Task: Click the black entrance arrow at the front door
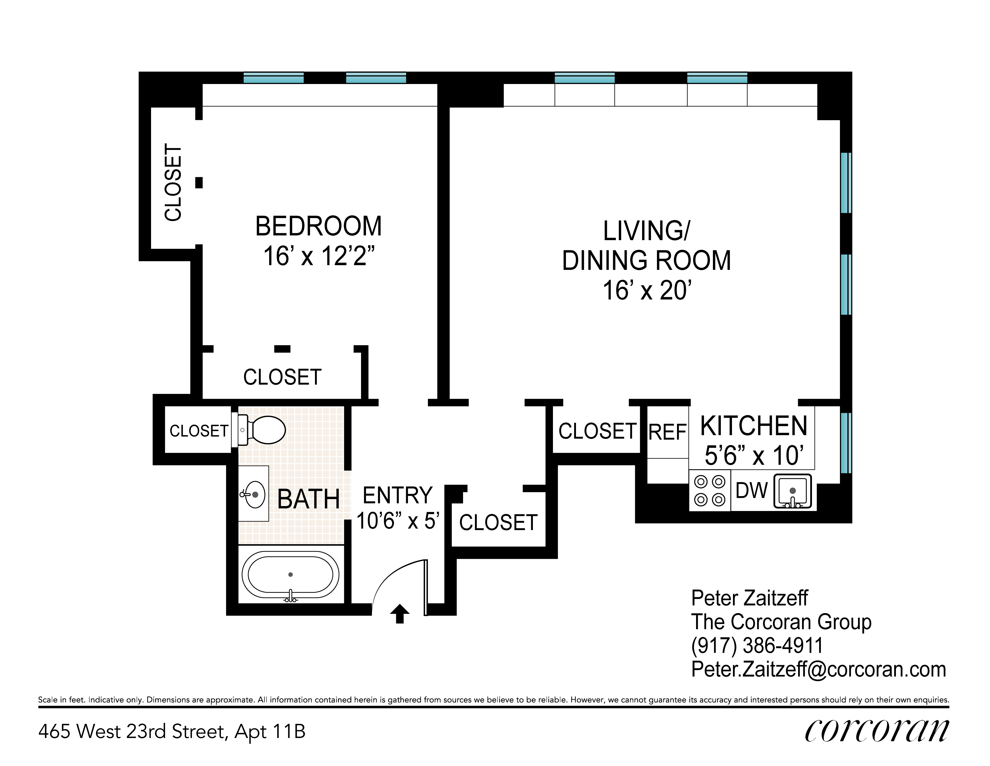[399, 614]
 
